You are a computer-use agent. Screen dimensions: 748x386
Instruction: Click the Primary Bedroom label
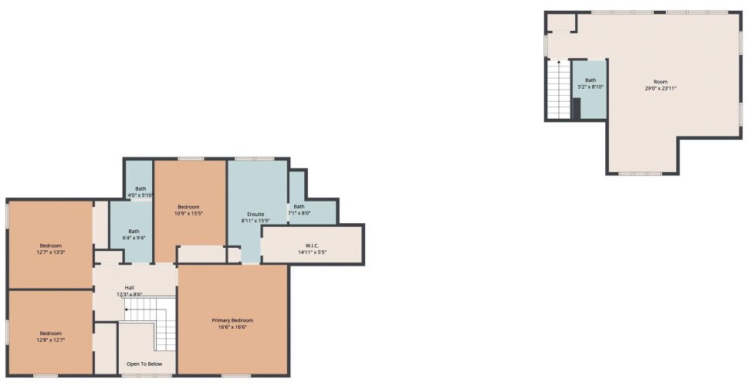coord(232,320)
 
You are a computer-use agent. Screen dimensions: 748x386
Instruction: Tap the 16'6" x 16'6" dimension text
coord(232,327)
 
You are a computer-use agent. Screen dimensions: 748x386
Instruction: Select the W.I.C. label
coord(312,245)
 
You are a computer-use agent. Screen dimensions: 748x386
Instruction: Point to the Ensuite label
coord(256,215)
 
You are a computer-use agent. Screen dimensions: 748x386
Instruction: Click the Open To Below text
coord(144,364)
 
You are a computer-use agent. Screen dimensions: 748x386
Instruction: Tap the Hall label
coord(129,288)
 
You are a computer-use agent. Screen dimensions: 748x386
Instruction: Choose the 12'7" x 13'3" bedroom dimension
coord(51,252)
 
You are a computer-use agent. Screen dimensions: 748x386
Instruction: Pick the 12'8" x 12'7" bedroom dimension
coord(51,340)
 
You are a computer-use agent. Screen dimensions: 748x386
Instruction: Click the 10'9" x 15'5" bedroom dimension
coord(188,213)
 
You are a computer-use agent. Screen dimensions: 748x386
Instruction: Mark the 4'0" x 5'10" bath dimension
coord(140,195)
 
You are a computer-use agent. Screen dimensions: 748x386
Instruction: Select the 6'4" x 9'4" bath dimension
coord(134,238)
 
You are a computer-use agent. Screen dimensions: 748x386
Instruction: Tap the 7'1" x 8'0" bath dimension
coord(299,213)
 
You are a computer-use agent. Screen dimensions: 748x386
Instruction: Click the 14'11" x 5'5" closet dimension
coord(312,252)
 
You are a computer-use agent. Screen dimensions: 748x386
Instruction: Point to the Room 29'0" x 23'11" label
coord(661,85)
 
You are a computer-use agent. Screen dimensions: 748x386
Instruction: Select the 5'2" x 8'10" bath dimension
coord(591,86)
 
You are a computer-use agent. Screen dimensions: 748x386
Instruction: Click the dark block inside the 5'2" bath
coord(577,108)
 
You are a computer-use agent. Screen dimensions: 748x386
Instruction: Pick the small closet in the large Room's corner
coord(561,22)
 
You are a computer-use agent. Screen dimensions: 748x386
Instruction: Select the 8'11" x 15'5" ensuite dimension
coord(256,221)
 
